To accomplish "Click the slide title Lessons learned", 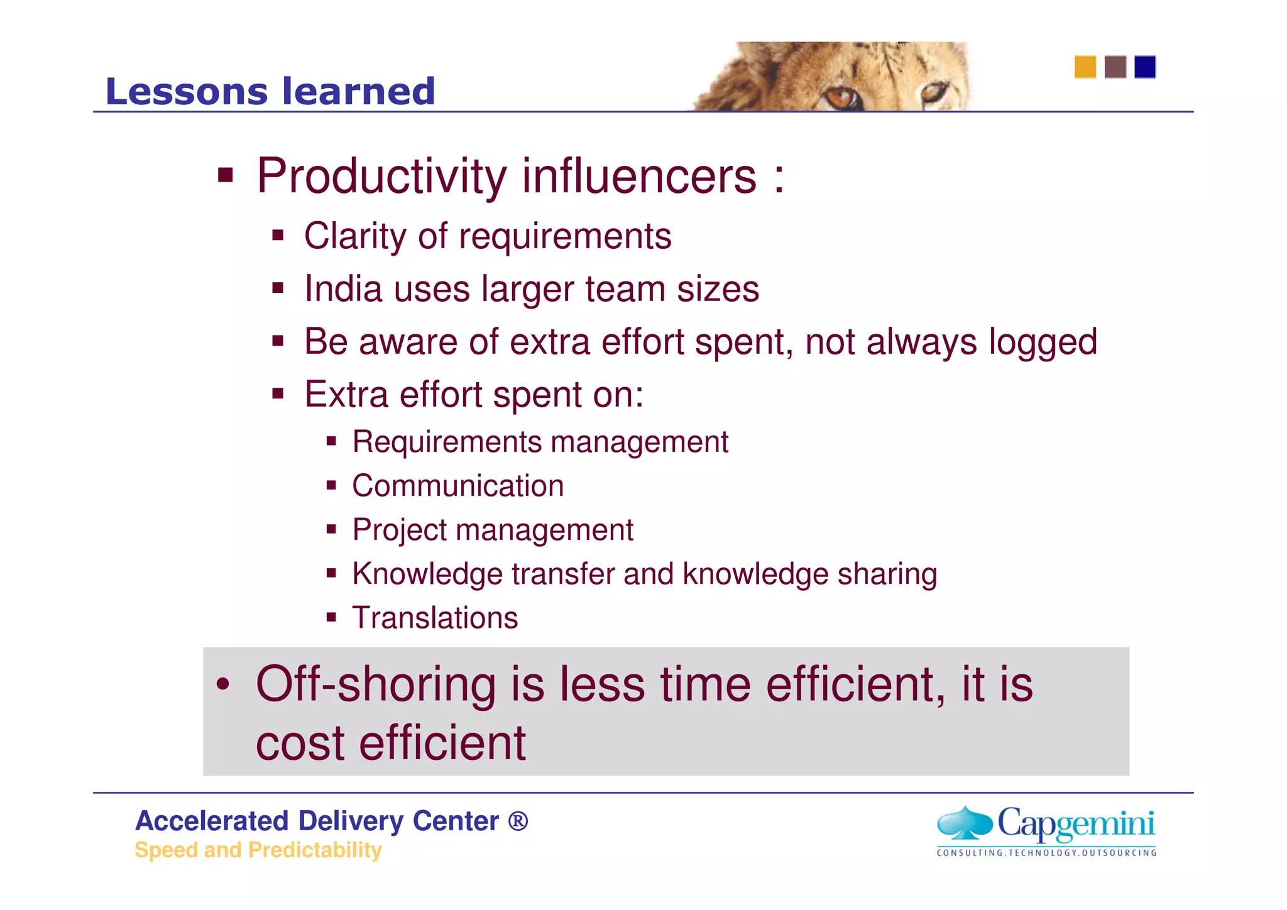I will pos(270,92).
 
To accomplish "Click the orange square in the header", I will pos(1085,67).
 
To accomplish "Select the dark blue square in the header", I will pos(1144,67).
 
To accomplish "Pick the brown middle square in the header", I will pos(1115,67).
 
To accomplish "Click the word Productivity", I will pos(381,177).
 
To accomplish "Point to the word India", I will pos(343,289).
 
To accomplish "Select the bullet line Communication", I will pos(457,486).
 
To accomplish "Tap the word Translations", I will pos(435,618).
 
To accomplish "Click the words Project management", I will pos(493,530).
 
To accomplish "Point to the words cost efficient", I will pos(390,743).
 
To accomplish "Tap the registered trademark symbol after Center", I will pos(518,821).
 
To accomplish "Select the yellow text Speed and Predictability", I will pos(258,850).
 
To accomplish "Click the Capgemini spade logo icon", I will pos(965,822).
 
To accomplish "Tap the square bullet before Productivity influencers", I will pos(225,175).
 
